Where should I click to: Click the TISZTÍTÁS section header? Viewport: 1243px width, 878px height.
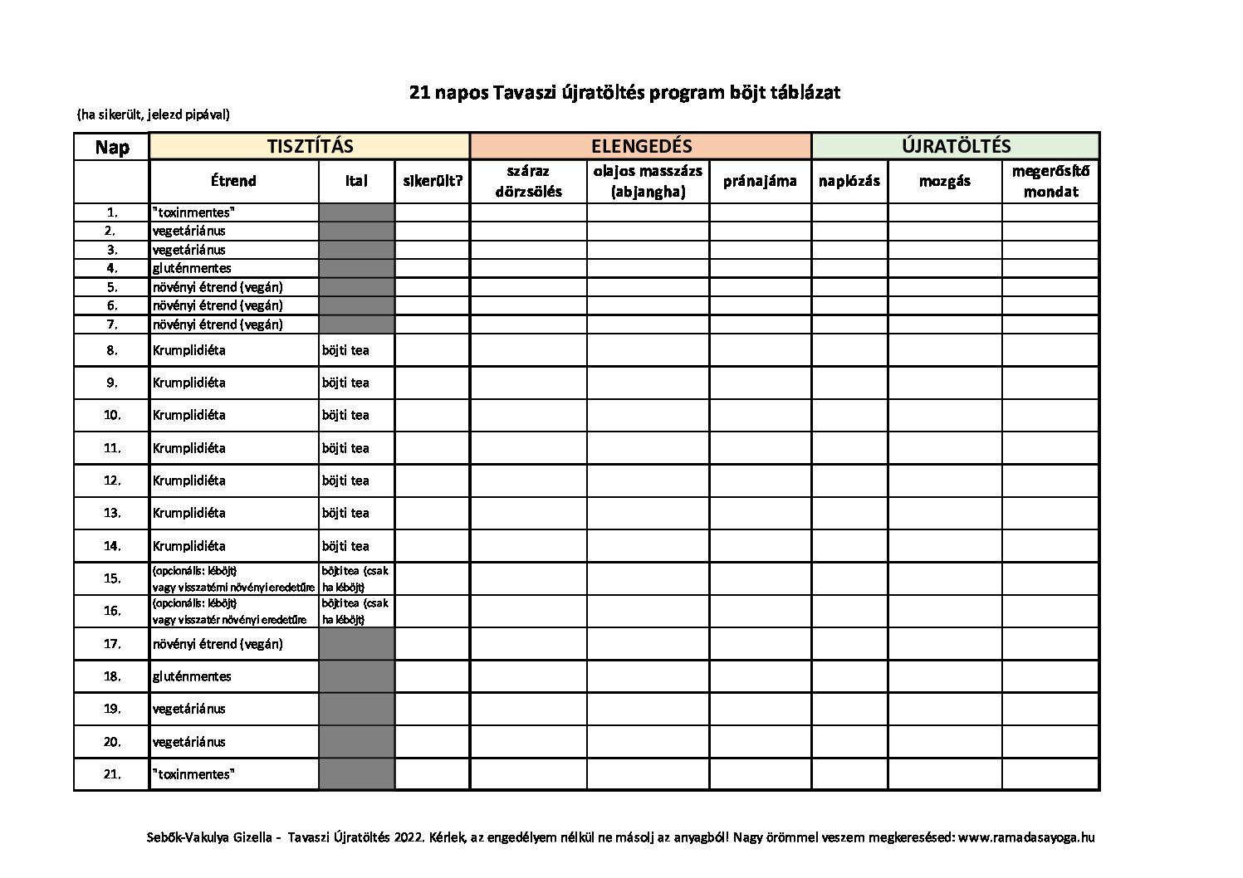[x=310, y=147]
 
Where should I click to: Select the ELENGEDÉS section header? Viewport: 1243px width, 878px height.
[x=640, y=147]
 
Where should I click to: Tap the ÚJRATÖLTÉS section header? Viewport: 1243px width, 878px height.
[x=956, y=147]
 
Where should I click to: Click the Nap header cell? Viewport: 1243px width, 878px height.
[x=112, y=148]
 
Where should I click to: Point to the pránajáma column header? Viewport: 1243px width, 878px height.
[x=760, y=181]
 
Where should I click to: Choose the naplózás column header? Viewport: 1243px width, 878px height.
[x=849, y=181]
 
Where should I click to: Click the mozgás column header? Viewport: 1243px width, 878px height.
[x=944, y=181]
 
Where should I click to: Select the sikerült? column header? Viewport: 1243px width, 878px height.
[x=432, y=181]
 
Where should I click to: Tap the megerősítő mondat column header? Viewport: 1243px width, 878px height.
[x=1050, y=181]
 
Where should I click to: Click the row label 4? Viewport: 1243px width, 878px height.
[x=112, y=268]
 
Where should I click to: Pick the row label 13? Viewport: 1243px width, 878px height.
[x=112, y=513]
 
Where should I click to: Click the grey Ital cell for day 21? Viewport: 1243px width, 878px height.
[x=356, y=773]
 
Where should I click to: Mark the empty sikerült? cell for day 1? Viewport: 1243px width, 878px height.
[x=432, y=212]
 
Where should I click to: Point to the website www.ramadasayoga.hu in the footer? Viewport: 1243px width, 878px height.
[x=1025, y=837]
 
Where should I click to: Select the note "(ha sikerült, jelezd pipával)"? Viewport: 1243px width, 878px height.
[x=153, y=115]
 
